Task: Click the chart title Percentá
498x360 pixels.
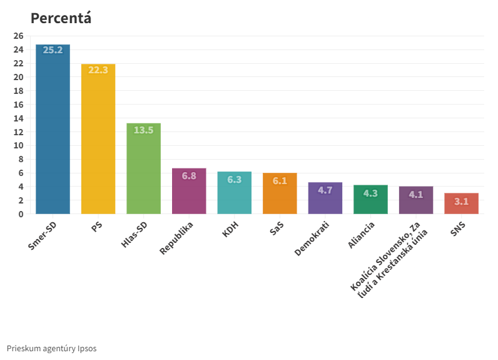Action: (61, 18)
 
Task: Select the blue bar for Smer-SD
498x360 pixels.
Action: (53, 131)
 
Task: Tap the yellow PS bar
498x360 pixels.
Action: (98, 141)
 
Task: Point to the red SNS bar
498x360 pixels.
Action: (461, 205)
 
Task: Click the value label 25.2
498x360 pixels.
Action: (53, 50)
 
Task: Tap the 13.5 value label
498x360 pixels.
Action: (143, 130)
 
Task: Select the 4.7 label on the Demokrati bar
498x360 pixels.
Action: (325, 190)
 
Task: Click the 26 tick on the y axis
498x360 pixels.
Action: (18, 36)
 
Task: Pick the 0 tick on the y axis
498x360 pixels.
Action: (21, 214)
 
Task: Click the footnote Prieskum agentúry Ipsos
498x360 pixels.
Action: (52, 348)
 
